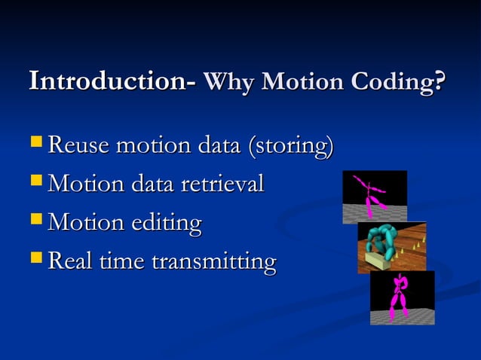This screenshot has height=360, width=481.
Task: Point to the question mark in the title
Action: pyautogui.click(x=440, y=82)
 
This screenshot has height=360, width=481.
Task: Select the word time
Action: pyautogui.click(x=123, y=262)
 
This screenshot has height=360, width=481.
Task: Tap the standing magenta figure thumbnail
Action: pyautogui.click(x=400, y=297)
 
